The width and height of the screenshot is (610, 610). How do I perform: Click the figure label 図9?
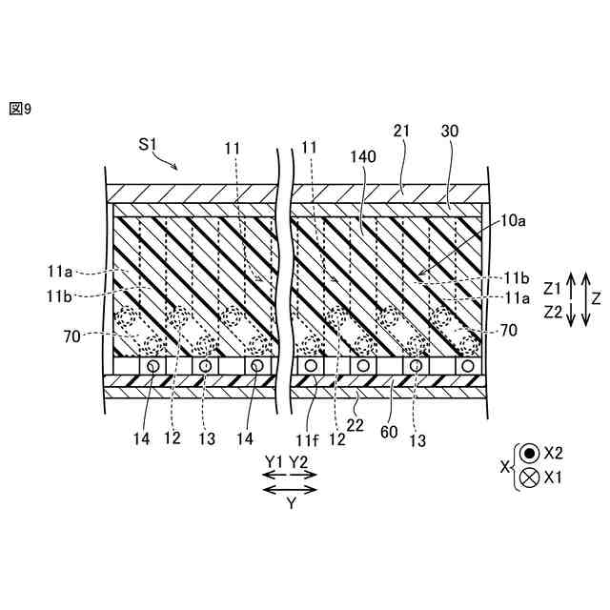pyautogui.click(x=20, y=109)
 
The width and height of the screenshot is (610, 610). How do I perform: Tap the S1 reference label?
pyautogui.click(x=148, y=144)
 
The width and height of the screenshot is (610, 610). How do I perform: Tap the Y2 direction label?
pyautogui.click(x=299, y=461)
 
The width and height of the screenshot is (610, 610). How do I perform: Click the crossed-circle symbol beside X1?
pyautogui.click(x=528, y=478)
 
